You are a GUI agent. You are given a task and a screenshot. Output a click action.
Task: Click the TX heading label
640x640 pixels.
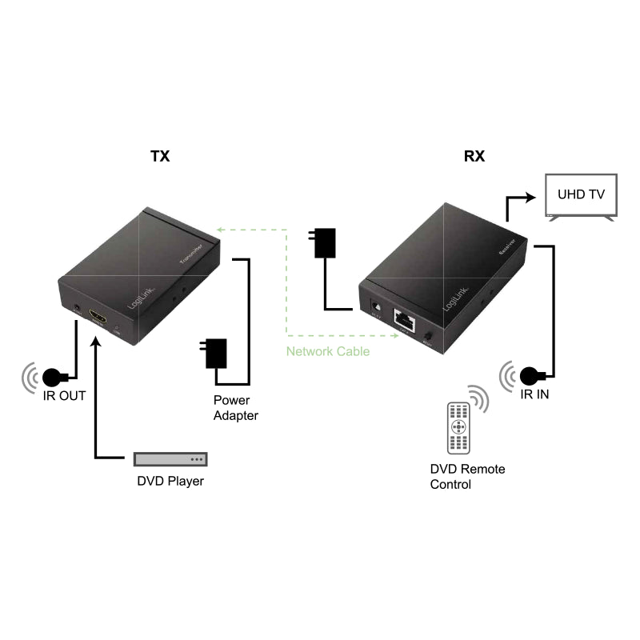click(160, 156)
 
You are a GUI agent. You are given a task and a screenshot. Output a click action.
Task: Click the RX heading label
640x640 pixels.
click(474, 156)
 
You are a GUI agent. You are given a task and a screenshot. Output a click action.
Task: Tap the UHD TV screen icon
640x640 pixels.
click(581, 195)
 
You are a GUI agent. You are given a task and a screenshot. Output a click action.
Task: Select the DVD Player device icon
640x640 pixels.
click(170, 459)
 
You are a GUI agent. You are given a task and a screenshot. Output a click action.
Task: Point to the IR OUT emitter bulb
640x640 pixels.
click(54, 376)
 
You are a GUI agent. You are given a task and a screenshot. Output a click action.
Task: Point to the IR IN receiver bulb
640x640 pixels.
click(529, 374)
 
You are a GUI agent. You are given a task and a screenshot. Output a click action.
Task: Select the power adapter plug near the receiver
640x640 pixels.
click(325, 243)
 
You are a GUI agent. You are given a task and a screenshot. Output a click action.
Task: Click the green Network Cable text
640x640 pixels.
click(328, 351)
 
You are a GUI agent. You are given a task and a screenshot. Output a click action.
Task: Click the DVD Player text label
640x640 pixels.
click(170, 482)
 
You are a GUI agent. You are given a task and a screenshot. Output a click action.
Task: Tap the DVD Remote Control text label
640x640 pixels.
click(467, 477)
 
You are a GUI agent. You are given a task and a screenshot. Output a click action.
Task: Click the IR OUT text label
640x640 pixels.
click(64, 395)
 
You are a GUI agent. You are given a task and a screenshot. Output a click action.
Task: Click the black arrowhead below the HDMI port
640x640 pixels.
click(96, 342)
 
